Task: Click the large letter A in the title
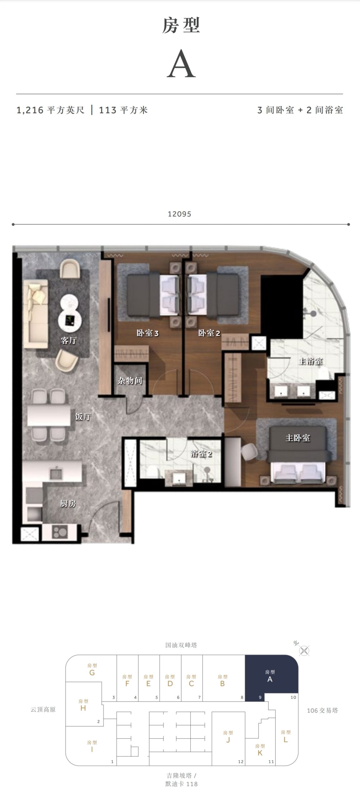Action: [181, 65]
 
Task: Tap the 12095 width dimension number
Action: [179, 214]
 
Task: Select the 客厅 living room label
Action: [69, 340]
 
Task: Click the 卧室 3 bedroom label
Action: [147, 333]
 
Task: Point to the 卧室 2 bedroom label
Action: [209, 333]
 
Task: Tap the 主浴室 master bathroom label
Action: [310, 361]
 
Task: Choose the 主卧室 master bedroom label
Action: [297, 438]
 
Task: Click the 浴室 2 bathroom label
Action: [201, 453]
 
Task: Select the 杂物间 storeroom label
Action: [130, 381]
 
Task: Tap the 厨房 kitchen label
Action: [68, 503]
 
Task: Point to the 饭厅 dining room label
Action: [83, 417]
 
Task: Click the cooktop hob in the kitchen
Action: [60, 532]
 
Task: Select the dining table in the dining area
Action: [49, 415]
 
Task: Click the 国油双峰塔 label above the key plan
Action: [181, 645]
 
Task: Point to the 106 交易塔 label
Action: [322, 710]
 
